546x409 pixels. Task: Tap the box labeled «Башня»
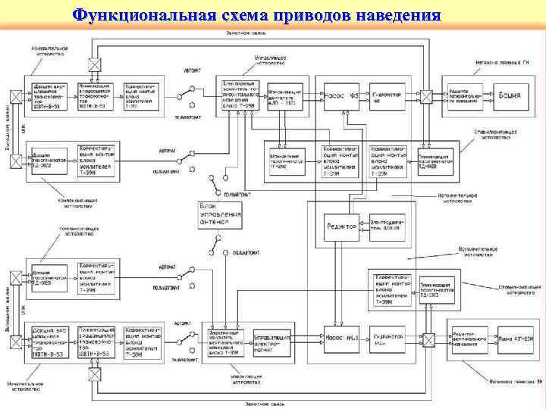[x=508, y=96]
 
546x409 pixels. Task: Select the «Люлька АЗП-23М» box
[x=515, y=339]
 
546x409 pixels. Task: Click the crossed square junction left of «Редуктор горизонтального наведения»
[x=427, y=96]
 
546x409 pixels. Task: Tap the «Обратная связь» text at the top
[x=243, y=33]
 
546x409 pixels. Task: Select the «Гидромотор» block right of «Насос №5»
[x=388, y=96]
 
